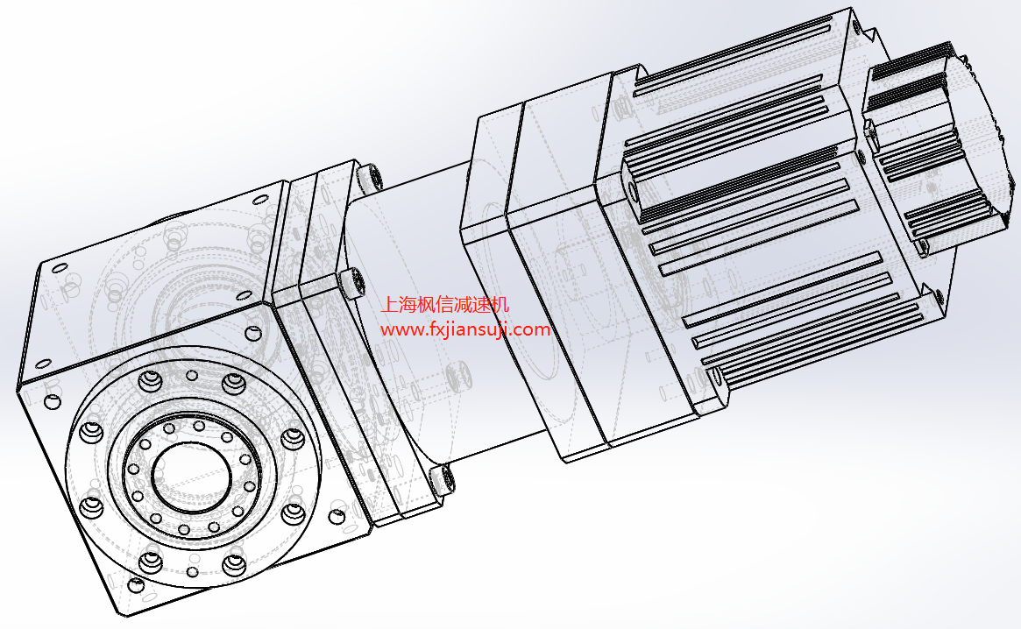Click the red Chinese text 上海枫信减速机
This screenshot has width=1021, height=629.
(x=444, y=305)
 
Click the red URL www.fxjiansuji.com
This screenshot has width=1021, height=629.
(x=464, y=329)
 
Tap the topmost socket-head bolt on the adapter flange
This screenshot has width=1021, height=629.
(x=370, y=178)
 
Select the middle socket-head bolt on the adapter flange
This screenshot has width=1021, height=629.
(x=351, y=282)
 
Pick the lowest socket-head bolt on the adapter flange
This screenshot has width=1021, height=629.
(x=442, y=478)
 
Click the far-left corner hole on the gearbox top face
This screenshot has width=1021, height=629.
(x=59, y=267)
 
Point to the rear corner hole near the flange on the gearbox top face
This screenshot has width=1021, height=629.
(x=259, y=199)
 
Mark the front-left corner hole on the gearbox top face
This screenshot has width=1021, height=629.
(x=44, y=364)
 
